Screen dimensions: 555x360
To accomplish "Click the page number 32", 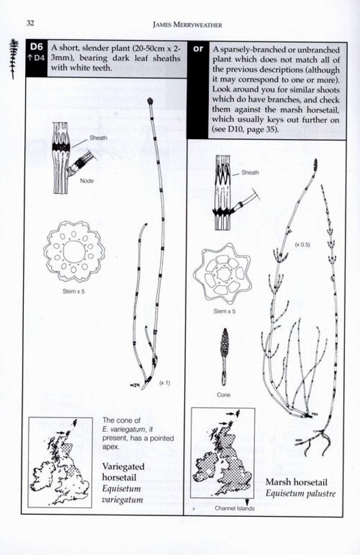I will click(30, 23).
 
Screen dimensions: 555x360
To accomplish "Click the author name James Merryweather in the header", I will click(187, 25).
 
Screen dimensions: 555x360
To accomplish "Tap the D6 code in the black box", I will click(36, 48).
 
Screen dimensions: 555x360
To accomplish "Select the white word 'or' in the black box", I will click(198, 49).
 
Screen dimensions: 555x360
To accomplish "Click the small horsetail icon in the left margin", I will click(15, 59).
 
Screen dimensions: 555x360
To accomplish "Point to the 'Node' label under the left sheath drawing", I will click(87, 181).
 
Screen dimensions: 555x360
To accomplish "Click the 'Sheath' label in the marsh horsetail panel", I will click(250, 172).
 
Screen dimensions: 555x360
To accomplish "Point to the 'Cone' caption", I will click(224, 395).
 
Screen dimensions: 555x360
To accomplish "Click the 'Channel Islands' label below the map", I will click(234, 508).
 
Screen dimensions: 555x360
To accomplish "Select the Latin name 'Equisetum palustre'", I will click(300, 493).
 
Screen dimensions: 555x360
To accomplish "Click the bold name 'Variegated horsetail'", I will click(123, 471).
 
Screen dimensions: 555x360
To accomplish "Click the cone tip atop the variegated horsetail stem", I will click(150, 101).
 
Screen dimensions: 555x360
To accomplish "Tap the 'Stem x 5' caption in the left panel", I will click(73, 291).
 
